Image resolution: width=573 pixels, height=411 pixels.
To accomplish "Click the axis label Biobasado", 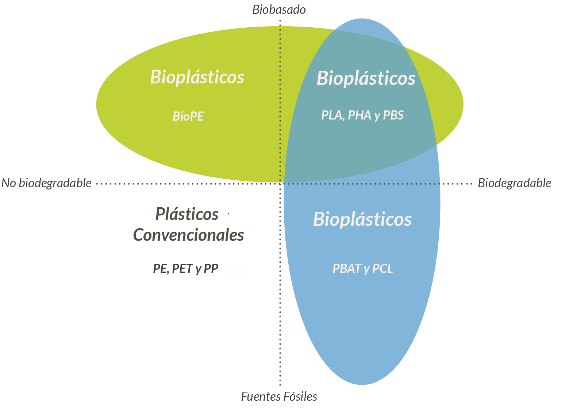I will pos(279,10).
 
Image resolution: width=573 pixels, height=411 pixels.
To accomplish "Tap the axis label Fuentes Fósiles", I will pos(279,396).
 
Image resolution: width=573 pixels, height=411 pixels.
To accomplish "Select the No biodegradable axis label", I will pos(46,183).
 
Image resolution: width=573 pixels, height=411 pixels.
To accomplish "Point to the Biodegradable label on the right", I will pos(514,183).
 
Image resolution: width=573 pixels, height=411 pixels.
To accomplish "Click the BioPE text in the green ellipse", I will pos(188,116).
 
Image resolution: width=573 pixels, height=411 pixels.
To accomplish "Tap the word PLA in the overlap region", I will pos(331,116).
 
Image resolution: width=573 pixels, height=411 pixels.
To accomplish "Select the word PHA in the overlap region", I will pos(359,116).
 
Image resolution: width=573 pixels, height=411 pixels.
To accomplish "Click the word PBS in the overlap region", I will pos(393,116).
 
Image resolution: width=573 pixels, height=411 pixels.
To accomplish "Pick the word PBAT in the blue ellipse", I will pos(347,269).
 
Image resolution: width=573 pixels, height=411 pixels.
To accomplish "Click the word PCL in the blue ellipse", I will pos(382,269).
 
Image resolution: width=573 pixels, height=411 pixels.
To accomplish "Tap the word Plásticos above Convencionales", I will pos(187,214).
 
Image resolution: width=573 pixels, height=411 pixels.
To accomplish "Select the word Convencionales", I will pos(188,235).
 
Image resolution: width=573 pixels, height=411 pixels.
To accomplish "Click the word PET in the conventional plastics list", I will pos(182,269).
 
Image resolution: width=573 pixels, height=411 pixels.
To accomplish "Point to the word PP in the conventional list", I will pos(211,269).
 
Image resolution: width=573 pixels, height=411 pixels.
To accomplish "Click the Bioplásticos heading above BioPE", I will pos(197,77).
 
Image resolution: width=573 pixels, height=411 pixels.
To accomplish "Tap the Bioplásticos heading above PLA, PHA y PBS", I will pos(366,78).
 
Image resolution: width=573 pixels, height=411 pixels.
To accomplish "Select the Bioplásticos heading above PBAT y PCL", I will pos(362,219).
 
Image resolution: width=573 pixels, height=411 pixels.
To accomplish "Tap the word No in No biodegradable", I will pos(9,183).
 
